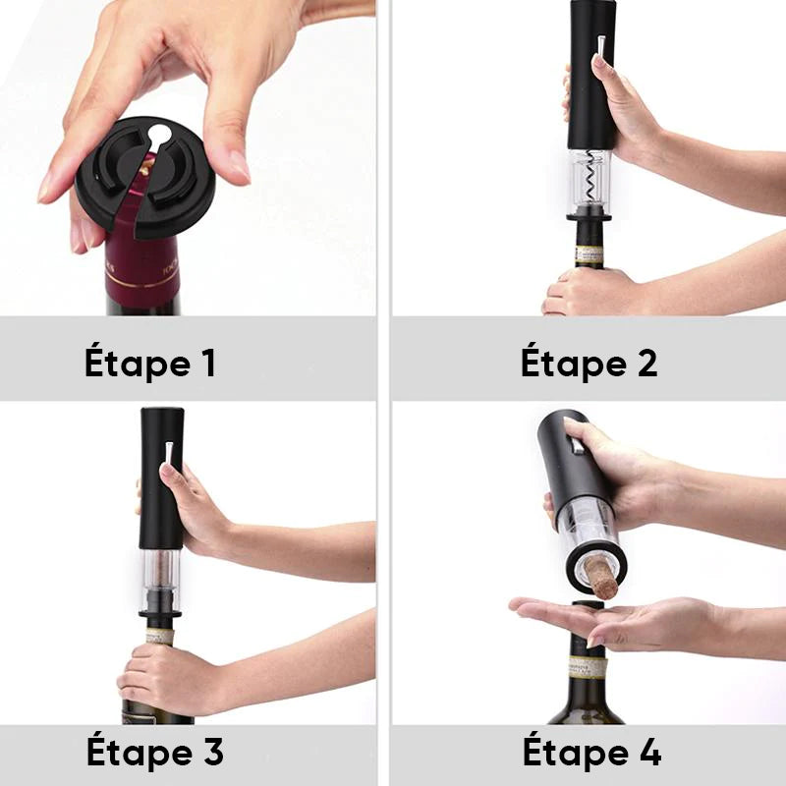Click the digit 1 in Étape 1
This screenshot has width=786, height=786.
208,363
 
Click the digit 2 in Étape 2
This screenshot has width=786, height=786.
646,363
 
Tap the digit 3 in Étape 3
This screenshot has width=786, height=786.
212,752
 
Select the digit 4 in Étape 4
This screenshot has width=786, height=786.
649,752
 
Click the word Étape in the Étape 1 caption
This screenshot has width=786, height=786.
138,362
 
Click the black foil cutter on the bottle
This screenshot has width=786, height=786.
145,178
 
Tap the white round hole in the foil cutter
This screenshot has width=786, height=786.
159,134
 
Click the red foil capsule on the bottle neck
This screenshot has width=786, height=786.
141,251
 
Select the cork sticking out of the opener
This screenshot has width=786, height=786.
601,578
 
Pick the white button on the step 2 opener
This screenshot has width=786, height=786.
600,46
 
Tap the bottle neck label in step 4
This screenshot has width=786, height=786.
587,667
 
